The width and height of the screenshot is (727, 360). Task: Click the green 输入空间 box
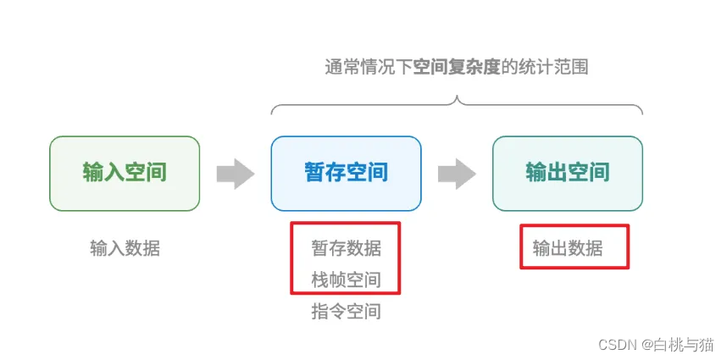125,173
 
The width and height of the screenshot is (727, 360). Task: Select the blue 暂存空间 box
346,173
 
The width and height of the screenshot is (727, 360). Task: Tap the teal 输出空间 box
567,173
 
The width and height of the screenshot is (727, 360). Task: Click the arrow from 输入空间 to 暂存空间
235,174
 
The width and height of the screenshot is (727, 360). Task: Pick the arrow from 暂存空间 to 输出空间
457,174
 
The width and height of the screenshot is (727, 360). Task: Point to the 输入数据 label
125,248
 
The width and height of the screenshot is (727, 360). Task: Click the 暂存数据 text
346,248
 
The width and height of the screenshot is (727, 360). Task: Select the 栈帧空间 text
346,280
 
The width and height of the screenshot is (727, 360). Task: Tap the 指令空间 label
346,312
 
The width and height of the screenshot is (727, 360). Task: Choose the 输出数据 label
567,248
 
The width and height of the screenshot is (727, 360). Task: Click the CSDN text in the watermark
617,344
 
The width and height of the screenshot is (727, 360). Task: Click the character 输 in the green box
92,173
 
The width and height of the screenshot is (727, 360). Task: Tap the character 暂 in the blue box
314,173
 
